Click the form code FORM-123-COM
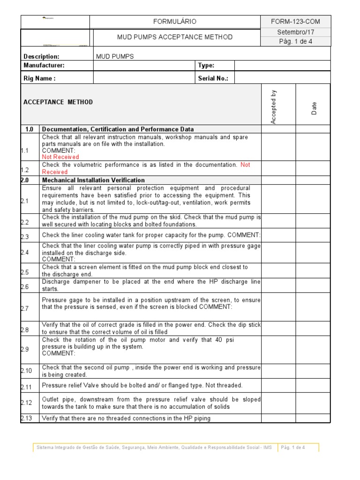tap(295, 22)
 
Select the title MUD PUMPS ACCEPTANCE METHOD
tap(174, 37)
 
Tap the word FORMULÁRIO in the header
tap(175, 22)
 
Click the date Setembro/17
tap(295, 32)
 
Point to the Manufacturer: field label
tap(44, 66)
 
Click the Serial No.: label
tap(213, 79)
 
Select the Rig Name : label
tap(39, 79)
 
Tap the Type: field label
tap(206, 66)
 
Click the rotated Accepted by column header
tap(274, 107)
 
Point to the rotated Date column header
tap(314, 109)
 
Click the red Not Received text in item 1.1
tap(60, 157)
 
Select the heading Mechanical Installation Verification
tap(93, 180)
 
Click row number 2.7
tap(25, 308)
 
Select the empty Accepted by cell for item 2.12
tap(278, 403)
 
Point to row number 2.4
tap(25, 252)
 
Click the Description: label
tap(41, 56)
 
